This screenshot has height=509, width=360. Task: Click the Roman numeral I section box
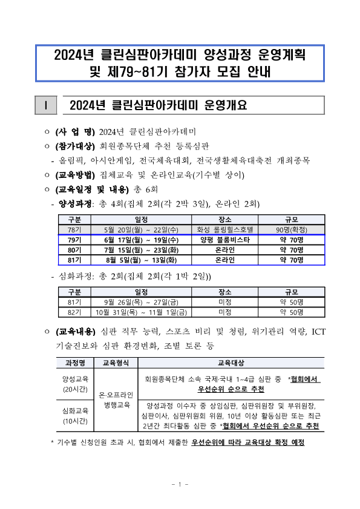tap(46, 106)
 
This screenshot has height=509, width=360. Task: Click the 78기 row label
tap(74, 230)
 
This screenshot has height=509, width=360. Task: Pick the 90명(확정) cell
tap(291, 230)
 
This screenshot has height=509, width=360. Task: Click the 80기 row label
tap(74, 250)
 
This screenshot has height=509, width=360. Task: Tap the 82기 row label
tap(74, 312)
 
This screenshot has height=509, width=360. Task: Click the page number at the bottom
tap(180, 484)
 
